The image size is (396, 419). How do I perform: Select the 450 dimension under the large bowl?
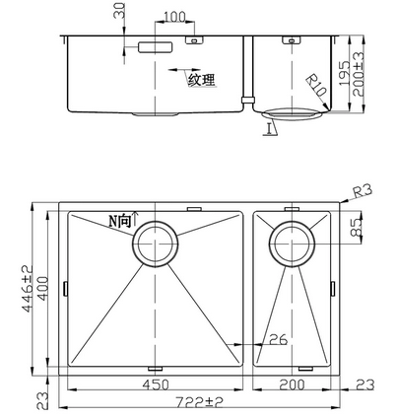tap(155, 384)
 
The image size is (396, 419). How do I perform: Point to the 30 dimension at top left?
tap(120, 12)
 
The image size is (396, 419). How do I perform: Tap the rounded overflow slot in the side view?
tap(155, 46)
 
